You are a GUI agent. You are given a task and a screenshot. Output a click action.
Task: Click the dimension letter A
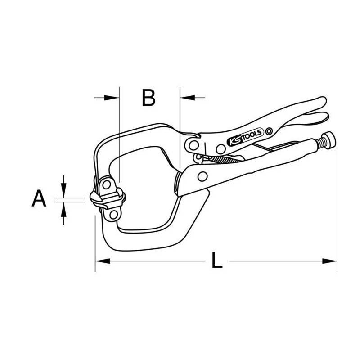coord(39,198)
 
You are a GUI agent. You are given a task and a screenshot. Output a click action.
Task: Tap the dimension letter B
coord(149,98)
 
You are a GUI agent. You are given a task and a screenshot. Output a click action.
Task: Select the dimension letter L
coord(217,260)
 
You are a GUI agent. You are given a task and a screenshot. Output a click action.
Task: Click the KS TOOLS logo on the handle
coord(245,137)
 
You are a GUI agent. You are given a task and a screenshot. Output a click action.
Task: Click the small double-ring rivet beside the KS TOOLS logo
coord(269,131)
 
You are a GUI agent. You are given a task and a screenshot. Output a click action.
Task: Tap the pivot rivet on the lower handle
coord(202,176)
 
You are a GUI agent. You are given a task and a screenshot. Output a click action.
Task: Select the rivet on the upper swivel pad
coord(107,184)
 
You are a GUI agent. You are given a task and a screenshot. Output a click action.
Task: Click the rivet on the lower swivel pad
coord(113,215)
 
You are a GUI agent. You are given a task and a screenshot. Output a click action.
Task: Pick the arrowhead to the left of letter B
coord(112,98)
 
